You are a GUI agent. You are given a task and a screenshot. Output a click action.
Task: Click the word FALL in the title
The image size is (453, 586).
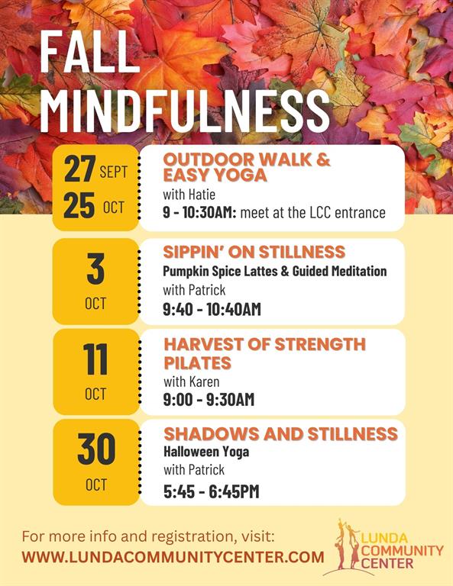(x=89, y=52)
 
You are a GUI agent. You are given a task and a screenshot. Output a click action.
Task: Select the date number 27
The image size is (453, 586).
(x=79, y=169)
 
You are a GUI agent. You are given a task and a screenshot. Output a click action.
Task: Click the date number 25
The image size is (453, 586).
(x=79, y=205)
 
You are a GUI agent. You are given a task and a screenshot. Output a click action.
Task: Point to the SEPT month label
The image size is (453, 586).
(x=114, y=172)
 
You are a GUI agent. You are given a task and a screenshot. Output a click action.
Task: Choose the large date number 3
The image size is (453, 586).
(x=95, y=269)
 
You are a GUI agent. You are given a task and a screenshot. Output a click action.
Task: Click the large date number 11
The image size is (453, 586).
(x=95, y=359)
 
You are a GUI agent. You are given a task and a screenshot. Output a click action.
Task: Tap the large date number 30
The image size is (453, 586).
(x=96, y=449)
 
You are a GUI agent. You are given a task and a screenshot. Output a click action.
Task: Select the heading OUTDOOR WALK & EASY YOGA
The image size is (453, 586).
(x=247, y=167)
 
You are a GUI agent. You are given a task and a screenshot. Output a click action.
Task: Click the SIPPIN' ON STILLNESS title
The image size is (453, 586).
(x=254, y=252)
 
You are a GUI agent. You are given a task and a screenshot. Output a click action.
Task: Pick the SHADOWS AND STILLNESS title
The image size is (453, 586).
(x=280, y=434)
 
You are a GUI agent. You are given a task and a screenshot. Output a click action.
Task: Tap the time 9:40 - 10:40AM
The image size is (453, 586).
(x=212, y=310)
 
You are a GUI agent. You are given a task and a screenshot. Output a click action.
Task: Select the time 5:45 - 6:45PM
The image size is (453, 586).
(x=212, y=491)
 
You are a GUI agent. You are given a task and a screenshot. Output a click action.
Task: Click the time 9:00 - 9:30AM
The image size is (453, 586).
(x=209, y=400)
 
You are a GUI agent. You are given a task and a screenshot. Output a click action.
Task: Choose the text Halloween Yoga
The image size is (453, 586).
(x=206, y=452)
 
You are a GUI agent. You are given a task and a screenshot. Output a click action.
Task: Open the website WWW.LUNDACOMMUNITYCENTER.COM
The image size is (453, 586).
(x=173, y=557)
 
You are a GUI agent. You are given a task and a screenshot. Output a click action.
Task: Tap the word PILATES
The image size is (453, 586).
(x=198, y=363)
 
